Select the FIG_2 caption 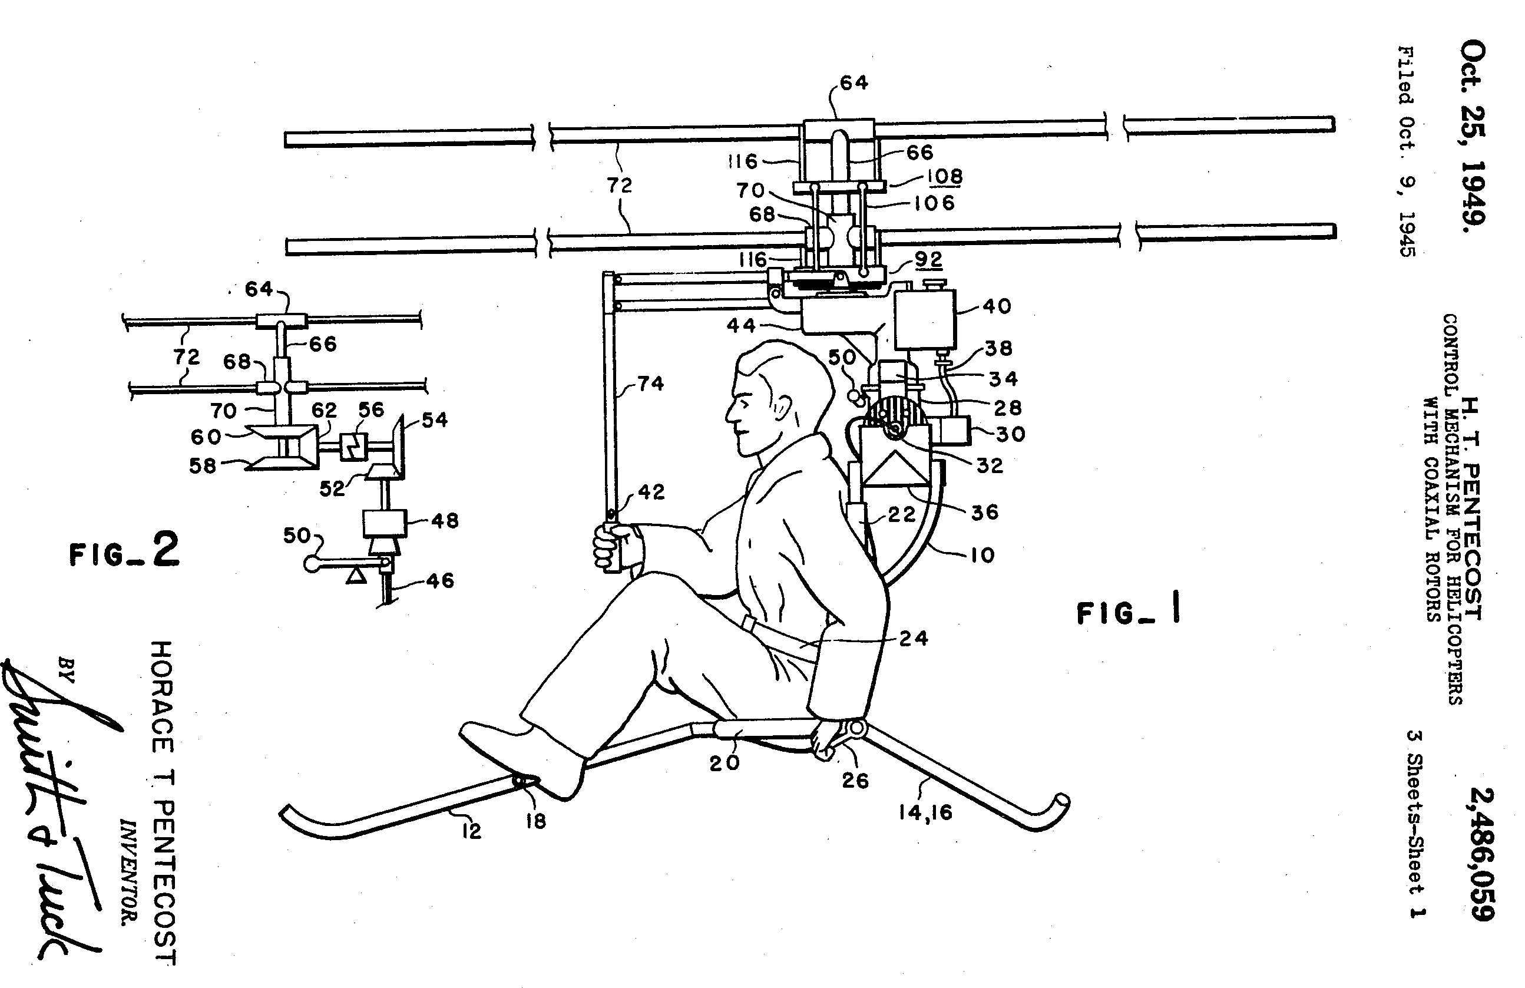(125, 551)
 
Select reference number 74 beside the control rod (650, 383)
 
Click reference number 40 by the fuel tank (997, 306)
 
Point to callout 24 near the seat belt (913, 638)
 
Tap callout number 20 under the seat (724, 762)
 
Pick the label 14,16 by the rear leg (925, 812)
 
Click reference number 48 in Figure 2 (445, 520)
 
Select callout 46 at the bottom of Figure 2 (439, 580)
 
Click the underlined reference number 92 (928, 259)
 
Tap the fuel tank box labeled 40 (925, 319)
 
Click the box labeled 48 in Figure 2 (385, 523)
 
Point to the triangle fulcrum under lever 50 (356, 576)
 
